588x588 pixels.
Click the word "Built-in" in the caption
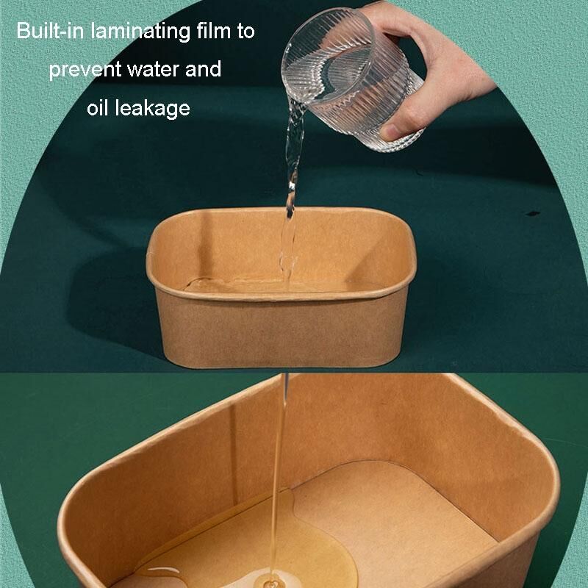[50, 31]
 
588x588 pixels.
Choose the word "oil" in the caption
[98, 107]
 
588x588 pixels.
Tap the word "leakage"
[153, 109]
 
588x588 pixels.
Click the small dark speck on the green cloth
[533, 214]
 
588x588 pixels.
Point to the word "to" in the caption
[246, 32]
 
